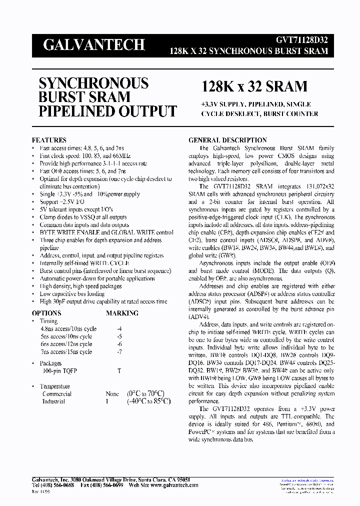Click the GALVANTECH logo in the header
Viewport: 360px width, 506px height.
[93, 45]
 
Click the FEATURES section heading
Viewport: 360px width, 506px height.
[49, 140]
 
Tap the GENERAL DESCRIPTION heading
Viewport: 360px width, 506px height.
[227, 140]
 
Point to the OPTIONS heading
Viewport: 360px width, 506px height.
[46, 313]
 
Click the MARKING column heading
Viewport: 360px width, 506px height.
[122, 313]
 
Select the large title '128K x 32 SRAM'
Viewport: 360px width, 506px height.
[254, 86]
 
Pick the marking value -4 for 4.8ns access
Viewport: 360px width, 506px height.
[118, 329]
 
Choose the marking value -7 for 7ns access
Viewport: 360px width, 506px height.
[118, 352]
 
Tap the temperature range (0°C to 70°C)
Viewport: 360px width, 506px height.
[145, 393]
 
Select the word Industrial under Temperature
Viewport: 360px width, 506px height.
[53, 401]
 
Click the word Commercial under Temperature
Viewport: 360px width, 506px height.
[56, 394]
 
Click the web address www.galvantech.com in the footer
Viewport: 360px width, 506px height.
[174, 485]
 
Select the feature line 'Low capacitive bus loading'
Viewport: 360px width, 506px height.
[73, 294]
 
